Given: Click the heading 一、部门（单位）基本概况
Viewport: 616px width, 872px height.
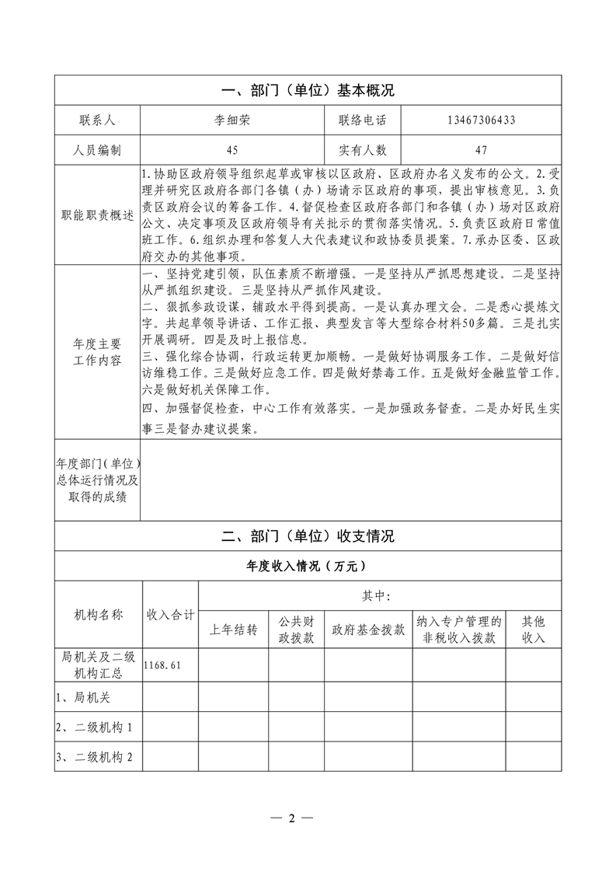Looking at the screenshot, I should click(x=308, y=91).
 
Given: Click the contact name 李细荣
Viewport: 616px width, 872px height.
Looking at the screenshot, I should click(x=232, y=120).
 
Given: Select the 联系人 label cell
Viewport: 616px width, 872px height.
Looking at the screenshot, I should click(x=97, y=120).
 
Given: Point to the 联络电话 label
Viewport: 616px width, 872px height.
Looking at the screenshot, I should click(x=362, y=120).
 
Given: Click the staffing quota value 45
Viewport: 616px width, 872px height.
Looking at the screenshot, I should click(x=232, y=150).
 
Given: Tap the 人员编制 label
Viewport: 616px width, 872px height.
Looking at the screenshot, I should click(x=97, y=150).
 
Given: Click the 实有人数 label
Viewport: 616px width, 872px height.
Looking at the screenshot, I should click(x=362, y=150).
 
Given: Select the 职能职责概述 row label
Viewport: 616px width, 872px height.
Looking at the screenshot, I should click(x=97, y=215).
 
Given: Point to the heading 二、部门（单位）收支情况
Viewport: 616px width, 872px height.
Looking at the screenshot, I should click(x=308, y=536).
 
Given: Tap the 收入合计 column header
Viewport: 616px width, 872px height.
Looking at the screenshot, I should click(x=170, y=615).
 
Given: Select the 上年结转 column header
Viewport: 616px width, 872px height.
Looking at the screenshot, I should click(x=234, y=630).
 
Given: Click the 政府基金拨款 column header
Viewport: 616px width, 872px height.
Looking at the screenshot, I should click(x=368, y=630).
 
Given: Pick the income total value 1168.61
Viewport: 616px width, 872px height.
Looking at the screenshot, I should click(x=161, y=666).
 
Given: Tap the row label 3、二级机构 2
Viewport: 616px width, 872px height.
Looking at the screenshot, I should click(x=94, y=758).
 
